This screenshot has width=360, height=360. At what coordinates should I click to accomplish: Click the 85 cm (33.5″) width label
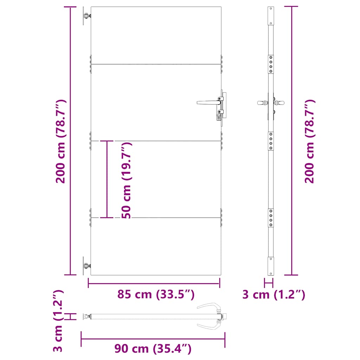coord(156,295)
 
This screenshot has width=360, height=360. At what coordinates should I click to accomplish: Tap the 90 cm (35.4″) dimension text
coord(153,349)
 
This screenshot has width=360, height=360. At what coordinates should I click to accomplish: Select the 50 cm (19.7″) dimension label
coord(126,180)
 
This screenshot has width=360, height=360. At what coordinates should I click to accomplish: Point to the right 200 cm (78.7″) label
coord(309,141)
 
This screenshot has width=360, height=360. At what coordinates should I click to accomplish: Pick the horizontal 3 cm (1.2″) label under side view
coord(274,295)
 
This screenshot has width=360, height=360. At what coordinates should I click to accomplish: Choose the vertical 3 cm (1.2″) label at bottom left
coord(58,321)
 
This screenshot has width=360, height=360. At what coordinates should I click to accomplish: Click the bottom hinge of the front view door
coord(86,266)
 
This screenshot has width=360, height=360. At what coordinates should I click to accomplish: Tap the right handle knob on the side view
coord(280,103)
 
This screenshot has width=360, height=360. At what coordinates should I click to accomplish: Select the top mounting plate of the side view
coord(271,15)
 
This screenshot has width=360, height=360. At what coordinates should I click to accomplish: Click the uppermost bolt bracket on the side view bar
coord(271,64)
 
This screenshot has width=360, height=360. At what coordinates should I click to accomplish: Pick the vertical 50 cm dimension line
coord(107,179)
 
